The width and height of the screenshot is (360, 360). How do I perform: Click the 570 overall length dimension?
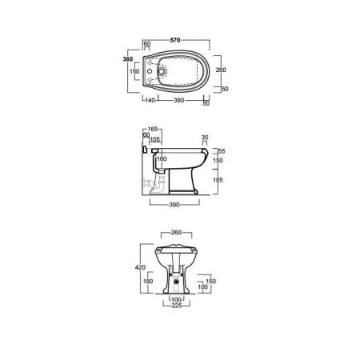pos(175,40)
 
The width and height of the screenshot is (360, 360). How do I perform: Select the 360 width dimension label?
pos(128,59)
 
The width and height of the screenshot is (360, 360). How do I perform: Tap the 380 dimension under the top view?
pos(179,100)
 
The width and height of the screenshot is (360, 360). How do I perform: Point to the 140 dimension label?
pos(150,100)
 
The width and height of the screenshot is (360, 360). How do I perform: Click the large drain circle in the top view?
pos(162,71)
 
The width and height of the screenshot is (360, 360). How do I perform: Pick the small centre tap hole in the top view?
pos(150,71)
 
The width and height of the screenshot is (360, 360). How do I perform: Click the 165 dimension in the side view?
pos(153,129)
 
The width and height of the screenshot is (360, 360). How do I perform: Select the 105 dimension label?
pos(155,139)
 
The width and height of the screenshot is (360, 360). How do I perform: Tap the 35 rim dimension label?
pos(205,138)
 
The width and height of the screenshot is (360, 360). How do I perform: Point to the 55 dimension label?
pos(222,151)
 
